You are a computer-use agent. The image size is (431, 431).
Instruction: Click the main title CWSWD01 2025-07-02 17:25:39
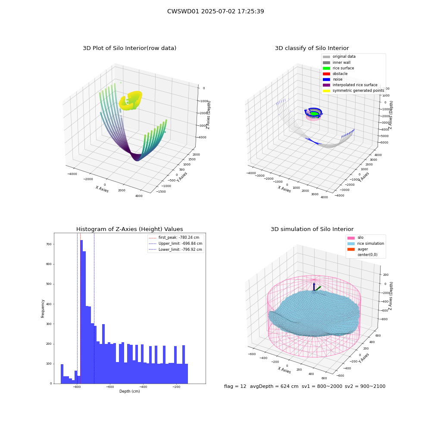[x=215, y=11]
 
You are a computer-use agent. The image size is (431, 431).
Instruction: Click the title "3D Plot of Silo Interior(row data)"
[x=129, y=48]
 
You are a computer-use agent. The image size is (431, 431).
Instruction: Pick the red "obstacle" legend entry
[x=335, y=74]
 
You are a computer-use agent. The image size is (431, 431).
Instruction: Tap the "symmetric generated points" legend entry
[x=353, y=91]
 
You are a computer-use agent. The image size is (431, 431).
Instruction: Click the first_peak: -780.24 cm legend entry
[x=174, y=237]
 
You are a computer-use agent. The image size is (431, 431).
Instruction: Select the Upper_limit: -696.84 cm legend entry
[x=175, y=244]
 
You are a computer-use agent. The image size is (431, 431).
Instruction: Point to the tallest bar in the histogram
[x=81, y=312]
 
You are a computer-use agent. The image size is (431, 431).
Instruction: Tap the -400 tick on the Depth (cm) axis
[x=143, y=387]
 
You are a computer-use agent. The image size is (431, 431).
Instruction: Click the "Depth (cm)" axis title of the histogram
[x=130, y=391]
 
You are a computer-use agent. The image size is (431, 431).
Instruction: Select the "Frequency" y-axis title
[x=43, y=309]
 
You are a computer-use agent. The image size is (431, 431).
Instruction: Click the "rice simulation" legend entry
[x=365, y=244]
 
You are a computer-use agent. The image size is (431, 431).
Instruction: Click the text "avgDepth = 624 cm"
[x=274, y=386]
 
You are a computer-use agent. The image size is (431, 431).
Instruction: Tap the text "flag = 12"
[x=235, y=386]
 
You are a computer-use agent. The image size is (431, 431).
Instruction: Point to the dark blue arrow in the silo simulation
[x=314, y=286]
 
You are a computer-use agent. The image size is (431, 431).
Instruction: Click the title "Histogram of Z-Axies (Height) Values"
[x=129, y=229]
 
